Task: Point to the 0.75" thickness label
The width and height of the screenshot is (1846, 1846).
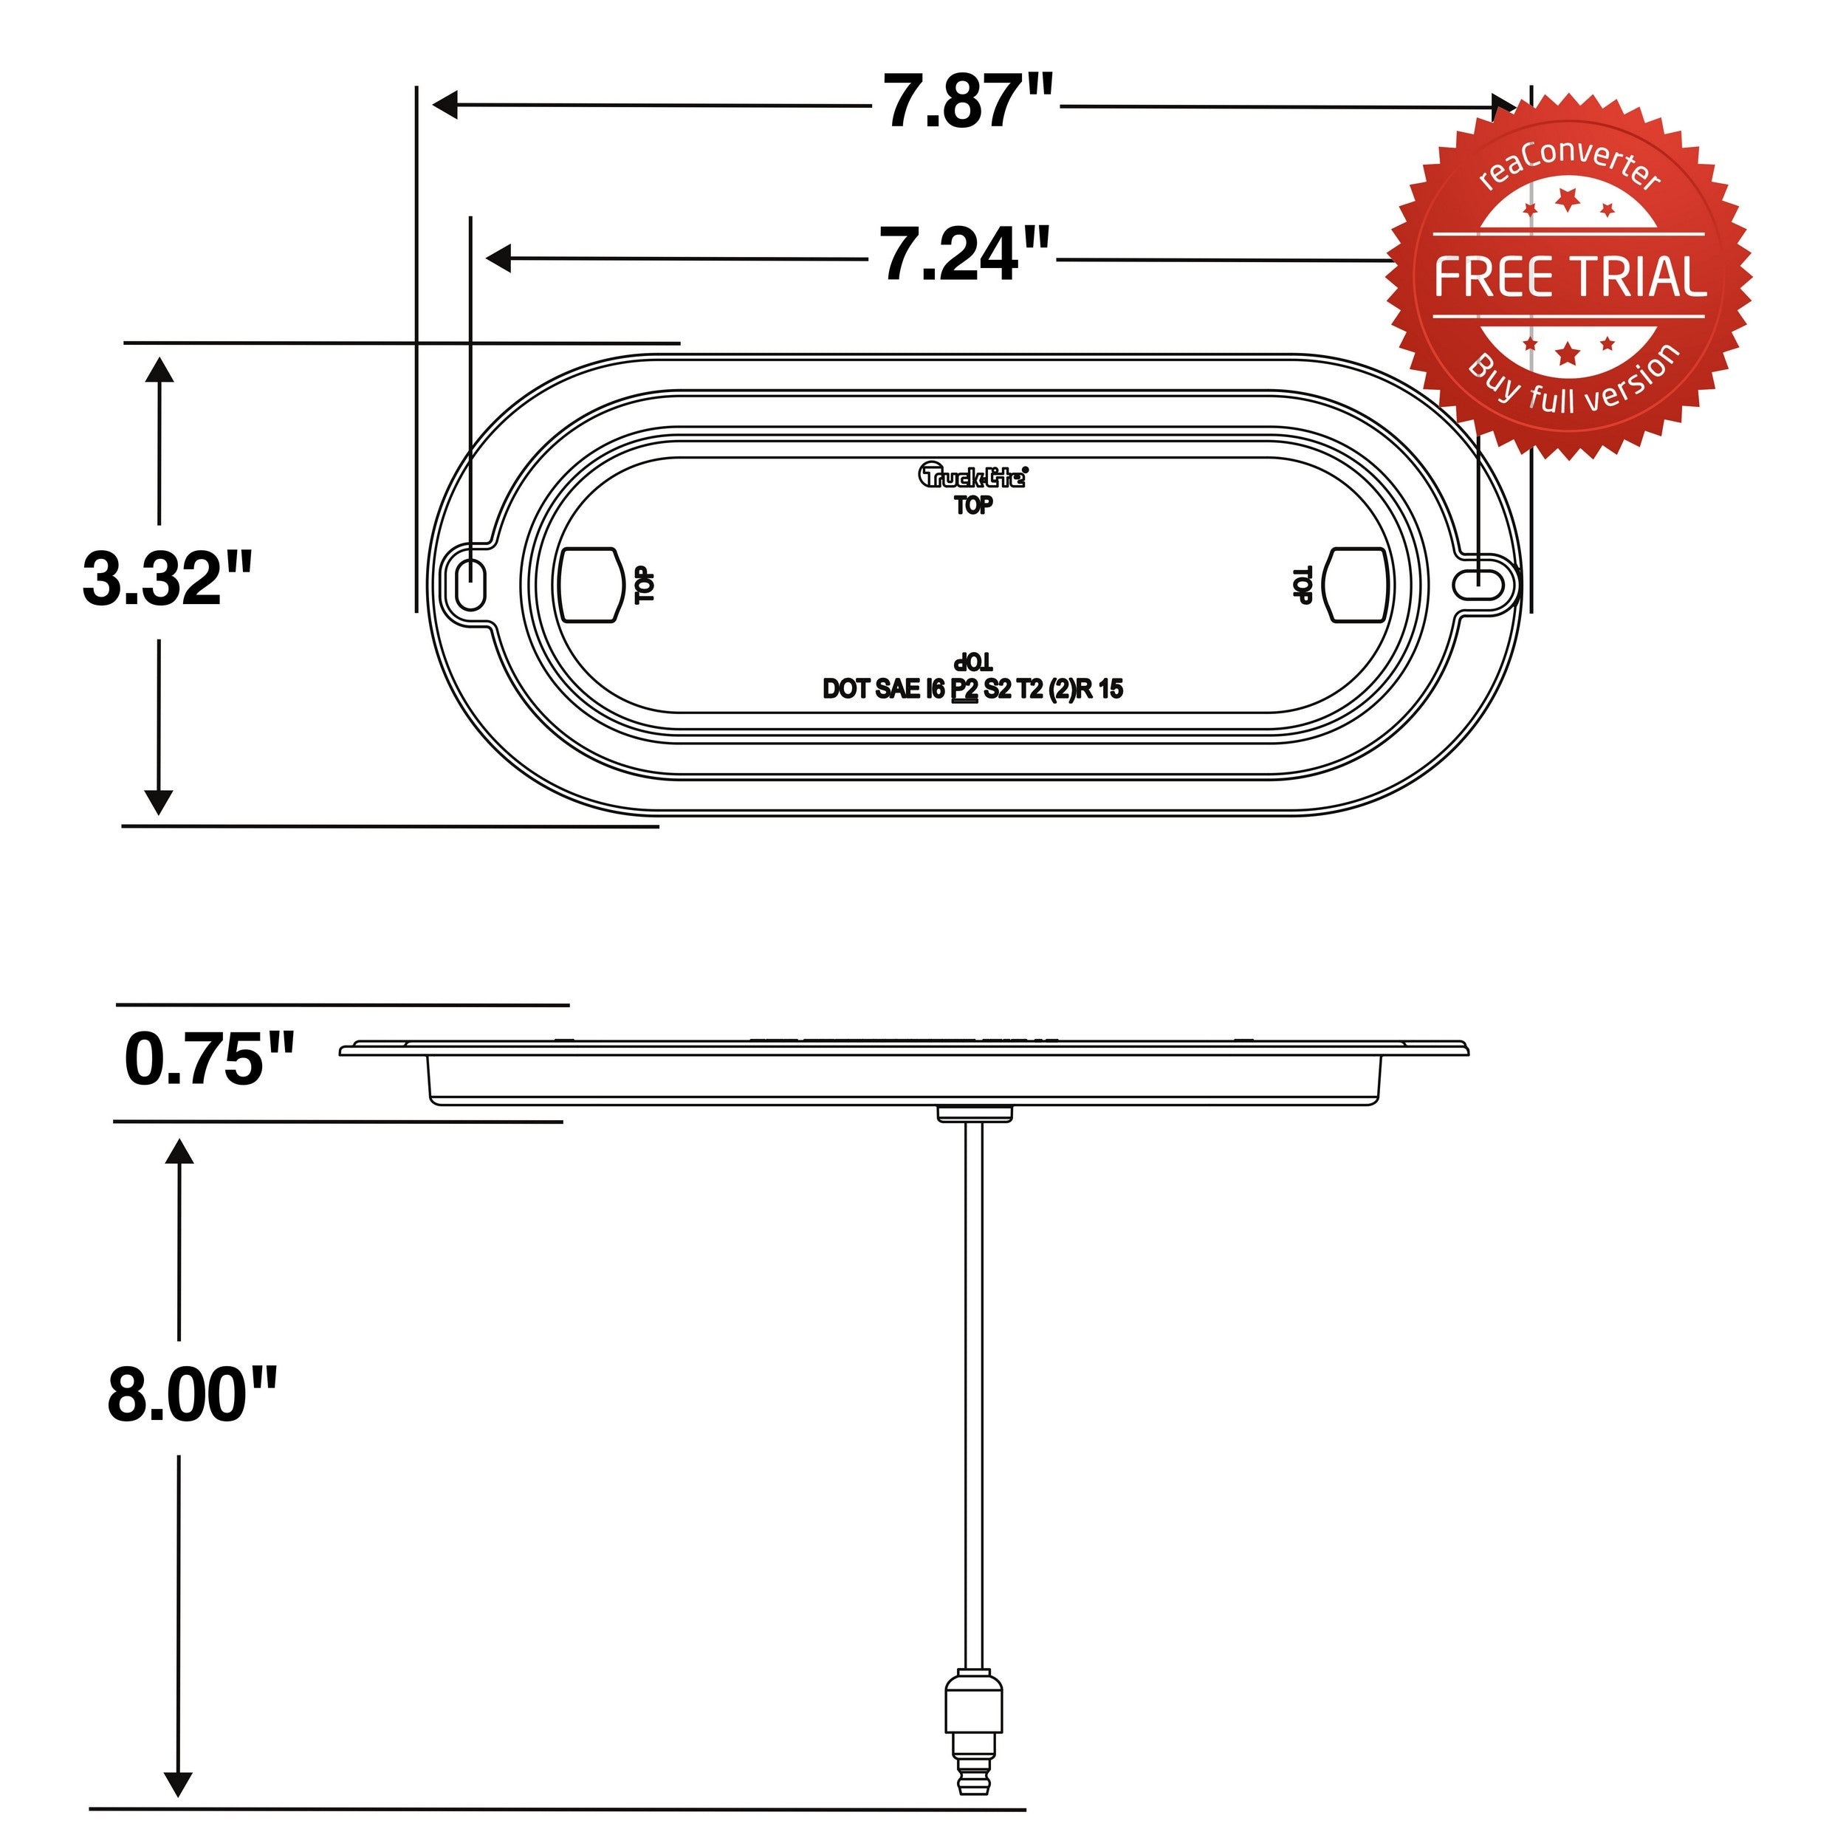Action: (x=209, y=1060)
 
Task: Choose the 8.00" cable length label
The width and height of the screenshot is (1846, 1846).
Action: (x=192, y=1395)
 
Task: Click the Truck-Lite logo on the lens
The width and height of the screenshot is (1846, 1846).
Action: (x=972, y=475)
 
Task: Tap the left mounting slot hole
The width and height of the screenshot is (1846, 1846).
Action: (x=470, y=582)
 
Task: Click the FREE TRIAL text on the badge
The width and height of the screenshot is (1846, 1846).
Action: (x=1569, y=277)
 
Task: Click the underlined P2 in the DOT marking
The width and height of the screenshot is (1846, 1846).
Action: (x=965, y=689)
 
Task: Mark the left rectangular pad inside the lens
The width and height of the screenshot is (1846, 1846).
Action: (x=588, y=585)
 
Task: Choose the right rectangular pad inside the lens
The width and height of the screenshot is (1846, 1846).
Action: (x=1358, y=585)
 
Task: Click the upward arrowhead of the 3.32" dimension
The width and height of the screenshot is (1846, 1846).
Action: (x=159, y=368)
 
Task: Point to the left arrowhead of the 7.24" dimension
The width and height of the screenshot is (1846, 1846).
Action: (x=498, y=258)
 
